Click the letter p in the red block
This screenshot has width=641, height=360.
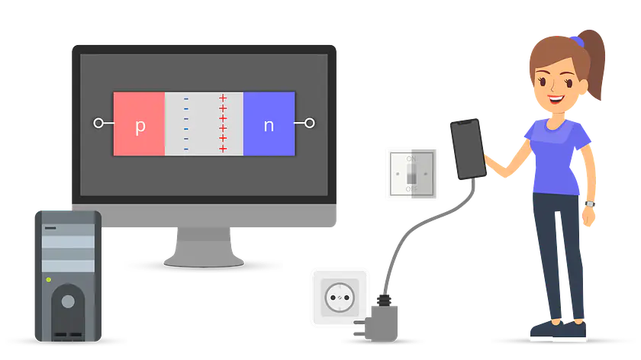[140, 125]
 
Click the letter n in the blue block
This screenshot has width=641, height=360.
[269, 125]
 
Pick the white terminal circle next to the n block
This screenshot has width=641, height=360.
[310, 123]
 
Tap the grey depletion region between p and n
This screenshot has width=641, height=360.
[204, 124]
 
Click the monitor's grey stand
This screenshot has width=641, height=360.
[204, 248]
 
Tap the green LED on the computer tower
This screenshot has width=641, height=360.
[49, 280]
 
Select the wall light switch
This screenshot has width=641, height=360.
[411, 174]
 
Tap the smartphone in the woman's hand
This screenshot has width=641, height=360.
[466, 149]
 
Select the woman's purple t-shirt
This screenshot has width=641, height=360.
[560, 156]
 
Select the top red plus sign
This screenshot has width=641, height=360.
[223, 98]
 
